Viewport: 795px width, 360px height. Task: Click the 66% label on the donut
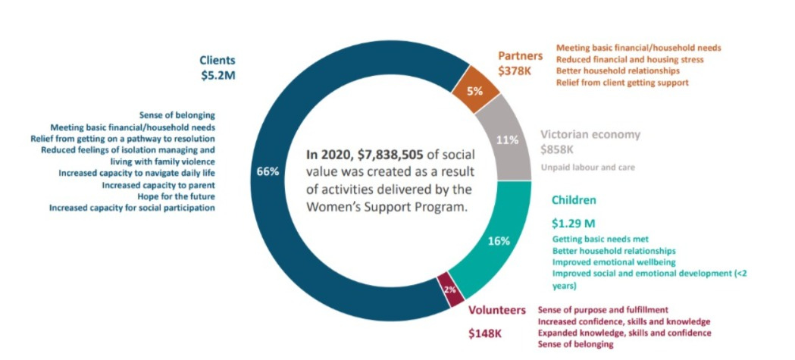coord(268,172)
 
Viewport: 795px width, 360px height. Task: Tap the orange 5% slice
coord(475,91)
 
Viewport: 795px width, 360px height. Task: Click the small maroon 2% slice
coord(450,290)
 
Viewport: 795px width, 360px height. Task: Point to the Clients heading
coord(218,61)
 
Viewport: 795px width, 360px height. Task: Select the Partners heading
coord(520,55)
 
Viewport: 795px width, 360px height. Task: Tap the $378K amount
coord(515,70)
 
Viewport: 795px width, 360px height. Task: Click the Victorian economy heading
coord(590,135)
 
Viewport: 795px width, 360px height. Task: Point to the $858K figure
coord(557,150)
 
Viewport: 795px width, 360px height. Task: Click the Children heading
coord(574,200)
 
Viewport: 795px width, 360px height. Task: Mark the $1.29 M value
coord(573,223)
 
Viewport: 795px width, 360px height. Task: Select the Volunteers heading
coord(497,310)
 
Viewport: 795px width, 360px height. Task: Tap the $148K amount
coord(485,334)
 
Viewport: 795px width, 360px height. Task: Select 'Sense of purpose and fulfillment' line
coord(603,309)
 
